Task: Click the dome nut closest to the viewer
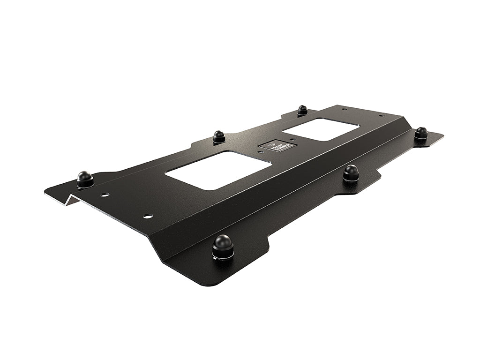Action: point(223,244)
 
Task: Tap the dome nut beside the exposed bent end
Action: point(85,178)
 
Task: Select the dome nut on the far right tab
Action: point(420,133)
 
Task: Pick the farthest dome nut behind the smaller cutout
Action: point(302,110)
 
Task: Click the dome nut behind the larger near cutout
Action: point(219,136)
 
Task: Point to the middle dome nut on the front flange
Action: point(350,172)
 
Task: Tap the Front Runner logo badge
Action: point(275,147)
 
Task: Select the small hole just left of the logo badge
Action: point(261,151)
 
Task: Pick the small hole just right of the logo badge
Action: point(292,139)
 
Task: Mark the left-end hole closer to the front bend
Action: point(148,216)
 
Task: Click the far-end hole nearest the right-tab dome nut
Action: point(382,115)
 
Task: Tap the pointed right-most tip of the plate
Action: point(442,135)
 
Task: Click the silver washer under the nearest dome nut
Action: point(223,255)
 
